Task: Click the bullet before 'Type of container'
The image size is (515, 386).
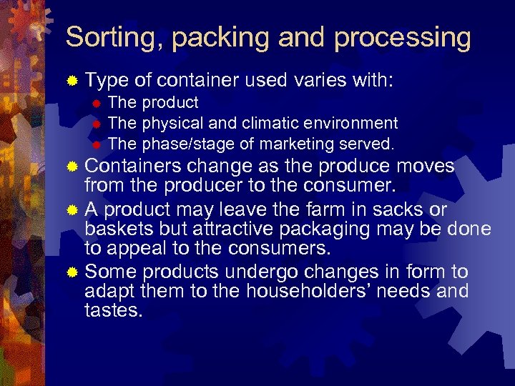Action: tap(72, 82)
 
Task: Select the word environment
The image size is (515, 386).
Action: tap(355, 124)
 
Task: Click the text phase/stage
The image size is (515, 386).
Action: tap(187, 144)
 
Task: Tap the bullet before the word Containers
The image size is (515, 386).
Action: tap(72, 167)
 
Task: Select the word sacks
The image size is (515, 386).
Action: tap(369, 209)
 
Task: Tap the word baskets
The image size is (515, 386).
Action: tap(116, 229)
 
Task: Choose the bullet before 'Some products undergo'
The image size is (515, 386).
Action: tap(72, 272)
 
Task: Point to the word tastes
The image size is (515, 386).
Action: tap(113, 312)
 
